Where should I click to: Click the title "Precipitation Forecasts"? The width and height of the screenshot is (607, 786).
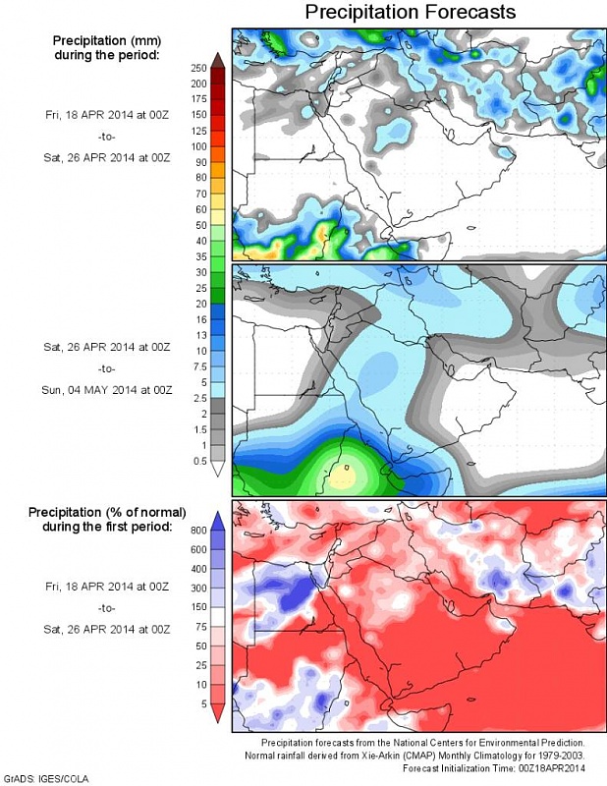point(410,12)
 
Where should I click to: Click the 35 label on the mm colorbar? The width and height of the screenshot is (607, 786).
point(199,256)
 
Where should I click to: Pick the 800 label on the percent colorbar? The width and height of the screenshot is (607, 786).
point(199,531)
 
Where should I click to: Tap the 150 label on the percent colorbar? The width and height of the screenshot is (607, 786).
point(199,607)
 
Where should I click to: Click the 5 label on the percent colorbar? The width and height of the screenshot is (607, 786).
point(201,703)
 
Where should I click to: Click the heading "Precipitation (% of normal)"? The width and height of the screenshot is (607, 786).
point(101,513)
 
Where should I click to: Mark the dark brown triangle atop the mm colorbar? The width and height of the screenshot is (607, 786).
point(217,60)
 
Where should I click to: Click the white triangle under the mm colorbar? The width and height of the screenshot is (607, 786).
point(217,470)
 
